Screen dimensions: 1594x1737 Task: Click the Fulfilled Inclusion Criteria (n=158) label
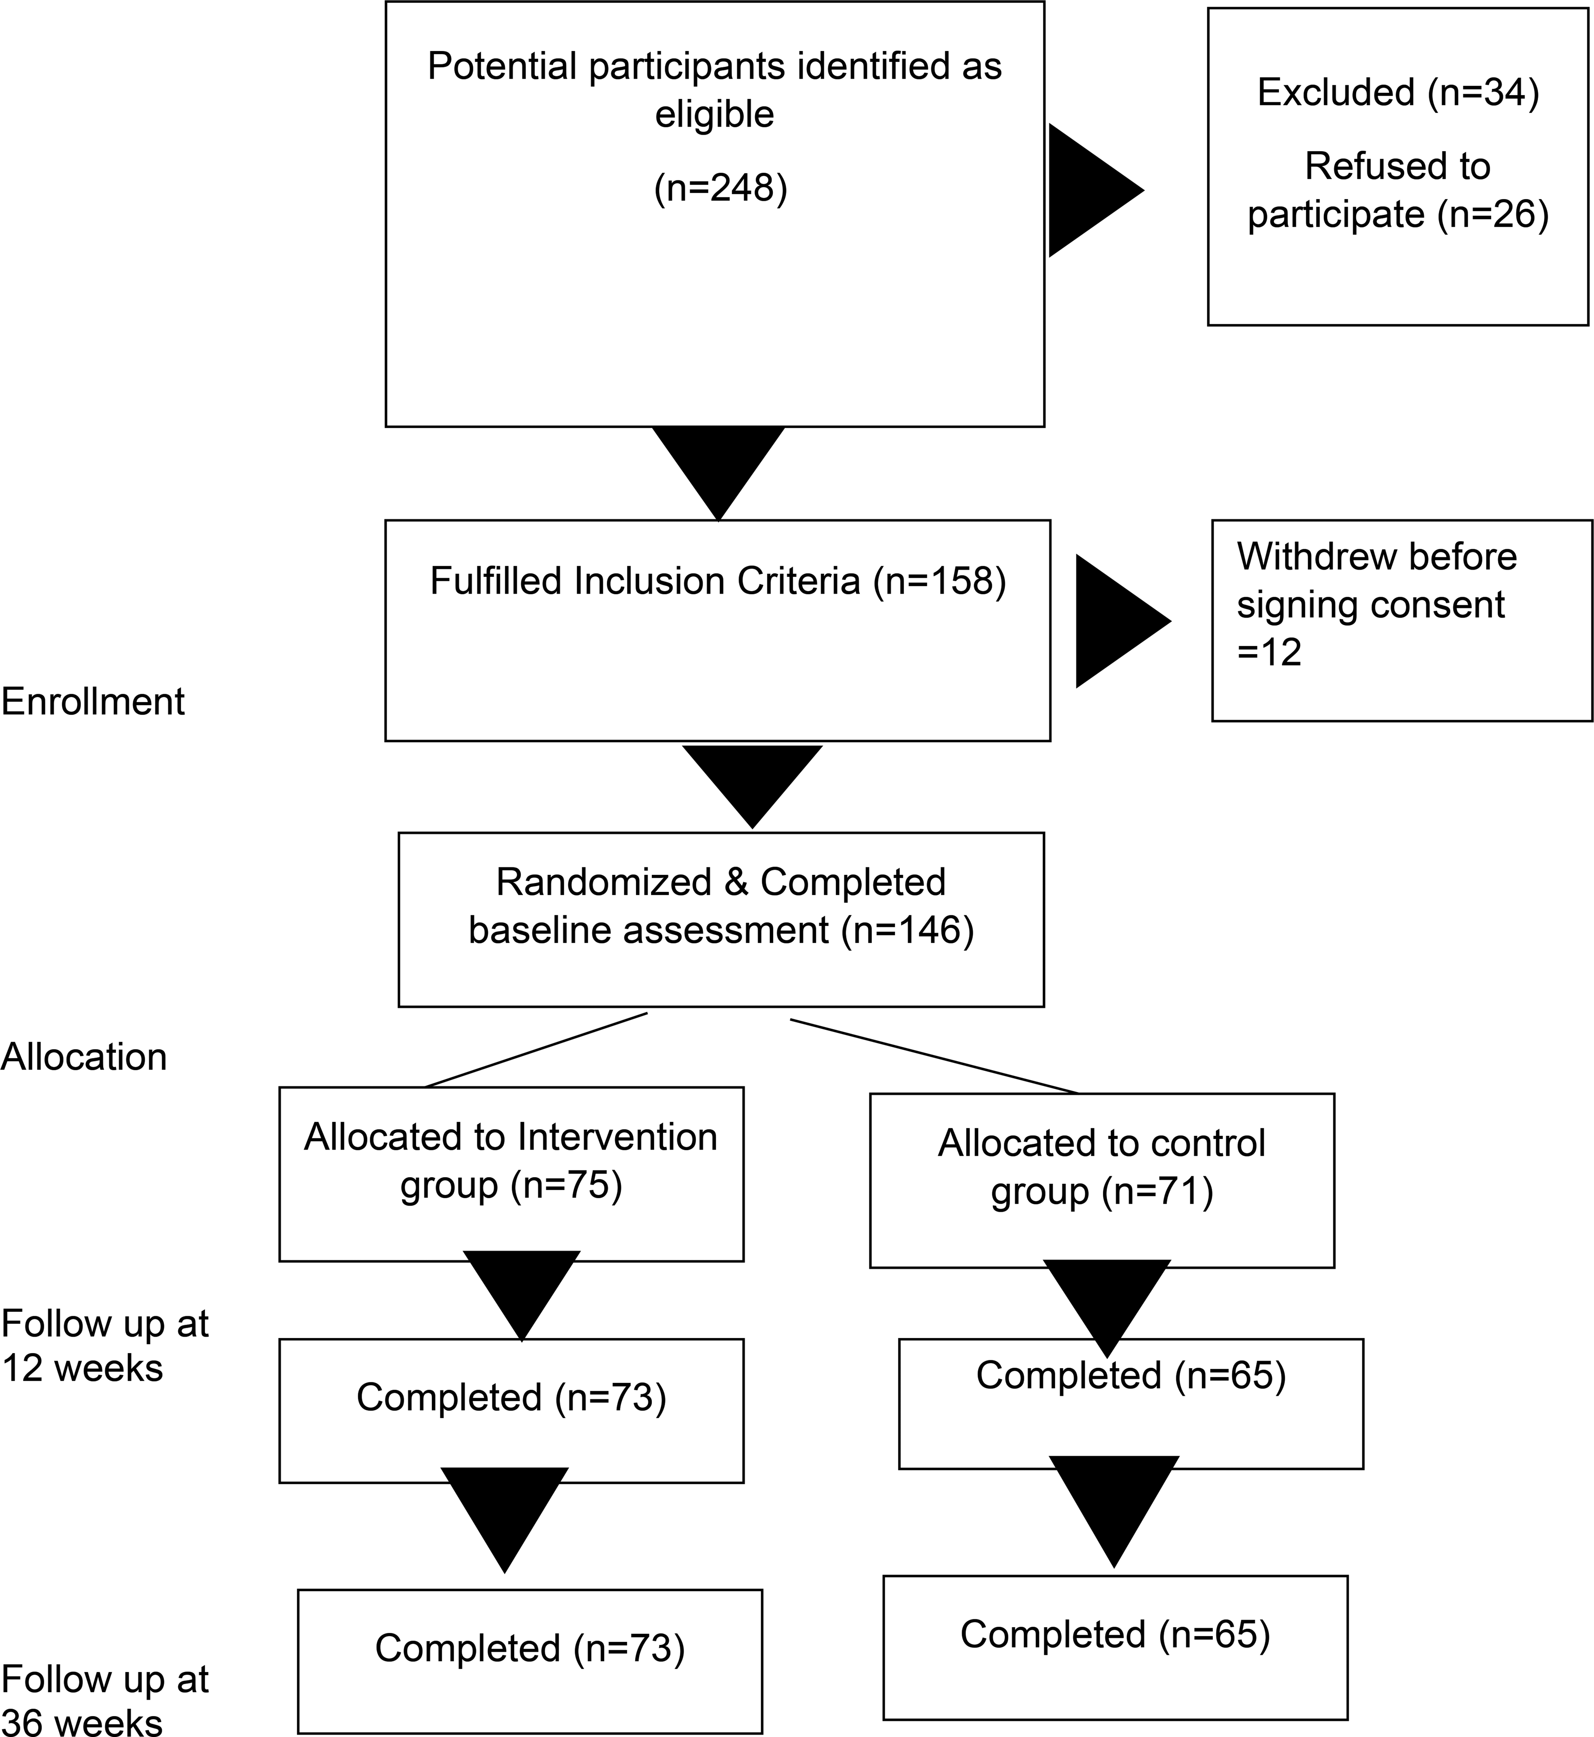pyautogui.click(x=718, y=581)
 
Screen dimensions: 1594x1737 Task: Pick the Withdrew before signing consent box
pyautogui.click(x=1402, y=620)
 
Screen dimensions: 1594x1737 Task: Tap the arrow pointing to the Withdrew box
pyautogui.click(x=1123, y=621)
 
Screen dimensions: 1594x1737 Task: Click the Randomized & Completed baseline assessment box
pyautogui.click(x=721, y=919)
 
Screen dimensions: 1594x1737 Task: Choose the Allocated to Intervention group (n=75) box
pyautogui.click(x=511, y=1174)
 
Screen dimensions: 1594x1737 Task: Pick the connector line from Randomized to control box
pyautogui.click(x=934, y=1057)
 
